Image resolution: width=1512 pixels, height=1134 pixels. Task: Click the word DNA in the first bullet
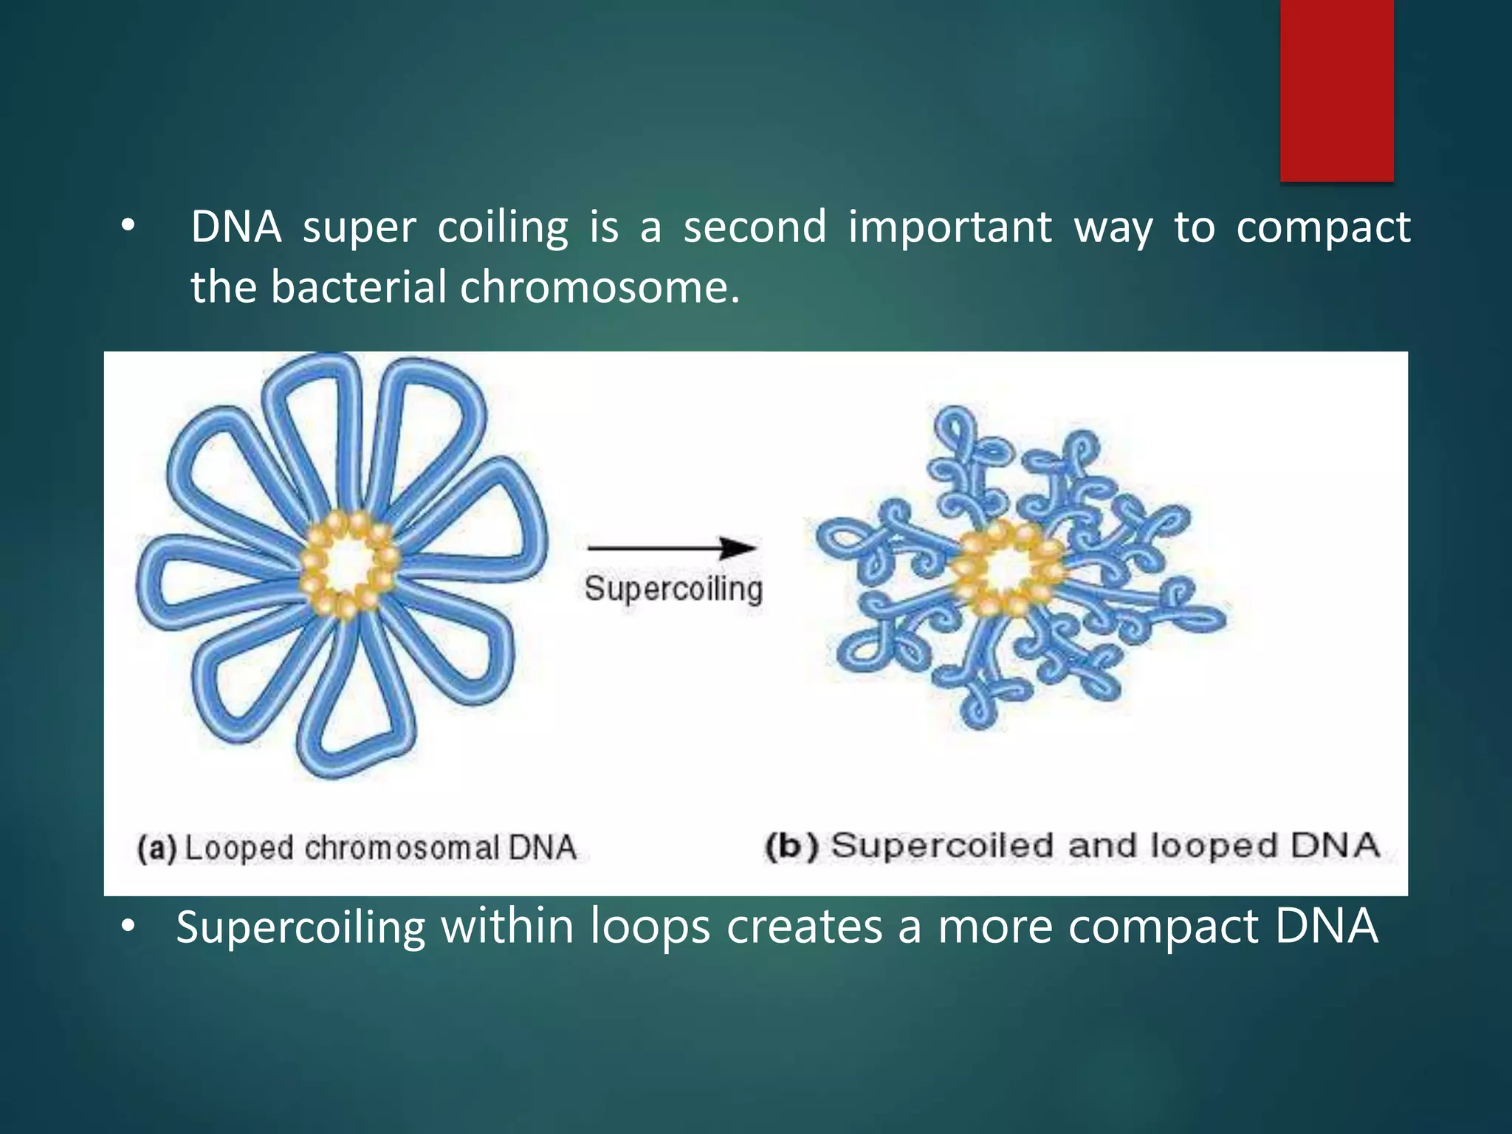236,227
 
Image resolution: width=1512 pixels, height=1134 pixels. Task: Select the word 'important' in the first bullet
949,227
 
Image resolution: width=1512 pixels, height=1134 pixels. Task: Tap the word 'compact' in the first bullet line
1323,228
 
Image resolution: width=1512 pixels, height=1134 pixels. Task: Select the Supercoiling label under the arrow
673,590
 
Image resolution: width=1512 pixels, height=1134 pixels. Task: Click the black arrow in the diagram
672,549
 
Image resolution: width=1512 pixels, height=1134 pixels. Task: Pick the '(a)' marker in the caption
156,848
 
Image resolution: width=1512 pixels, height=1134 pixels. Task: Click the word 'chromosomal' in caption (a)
402,848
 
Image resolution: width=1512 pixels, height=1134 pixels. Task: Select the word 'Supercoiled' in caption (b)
942,846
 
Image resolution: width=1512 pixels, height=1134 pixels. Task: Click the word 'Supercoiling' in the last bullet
300,927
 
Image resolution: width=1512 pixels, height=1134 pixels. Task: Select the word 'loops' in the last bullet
650,928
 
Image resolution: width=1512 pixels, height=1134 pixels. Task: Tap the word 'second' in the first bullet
755,227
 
